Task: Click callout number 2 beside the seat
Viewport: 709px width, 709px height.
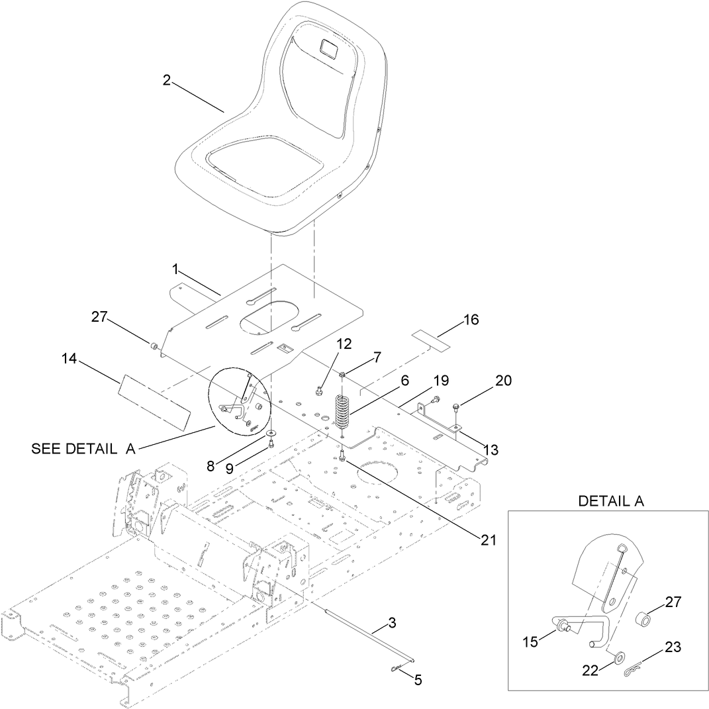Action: pos(167,80)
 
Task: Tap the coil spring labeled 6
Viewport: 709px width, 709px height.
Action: pos(342,412)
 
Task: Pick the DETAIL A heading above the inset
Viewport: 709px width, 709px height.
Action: pos(610,501)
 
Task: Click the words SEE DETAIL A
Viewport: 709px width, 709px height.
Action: pos(83,449)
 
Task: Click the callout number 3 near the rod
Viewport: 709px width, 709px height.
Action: pos(392,622)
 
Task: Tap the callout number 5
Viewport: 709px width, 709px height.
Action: pos(417,679)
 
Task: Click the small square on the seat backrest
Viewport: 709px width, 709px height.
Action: pos(328,47)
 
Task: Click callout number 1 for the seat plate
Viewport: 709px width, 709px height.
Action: pos(175,269)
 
